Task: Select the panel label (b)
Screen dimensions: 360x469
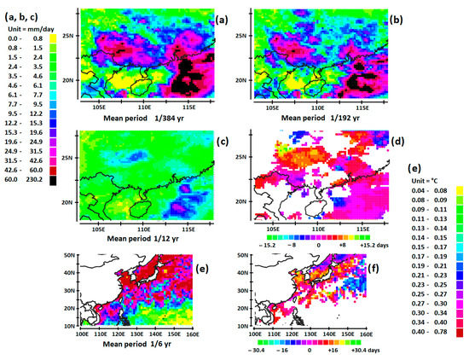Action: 396,19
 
